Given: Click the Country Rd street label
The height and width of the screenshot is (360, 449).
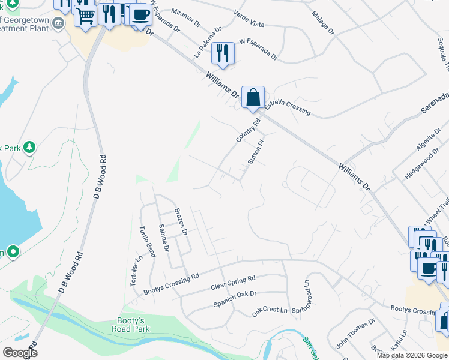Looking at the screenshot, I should (249, 130).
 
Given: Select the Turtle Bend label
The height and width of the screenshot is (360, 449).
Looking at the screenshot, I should (148, 241).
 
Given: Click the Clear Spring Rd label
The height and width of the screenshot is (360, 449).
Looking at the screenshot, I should (233, 283).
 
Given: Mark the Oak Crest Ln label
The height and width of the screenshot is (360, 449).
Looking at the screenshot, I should (271, 310).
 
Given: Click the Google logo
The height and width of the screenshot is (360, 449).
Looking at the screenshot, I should (20, 353).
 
